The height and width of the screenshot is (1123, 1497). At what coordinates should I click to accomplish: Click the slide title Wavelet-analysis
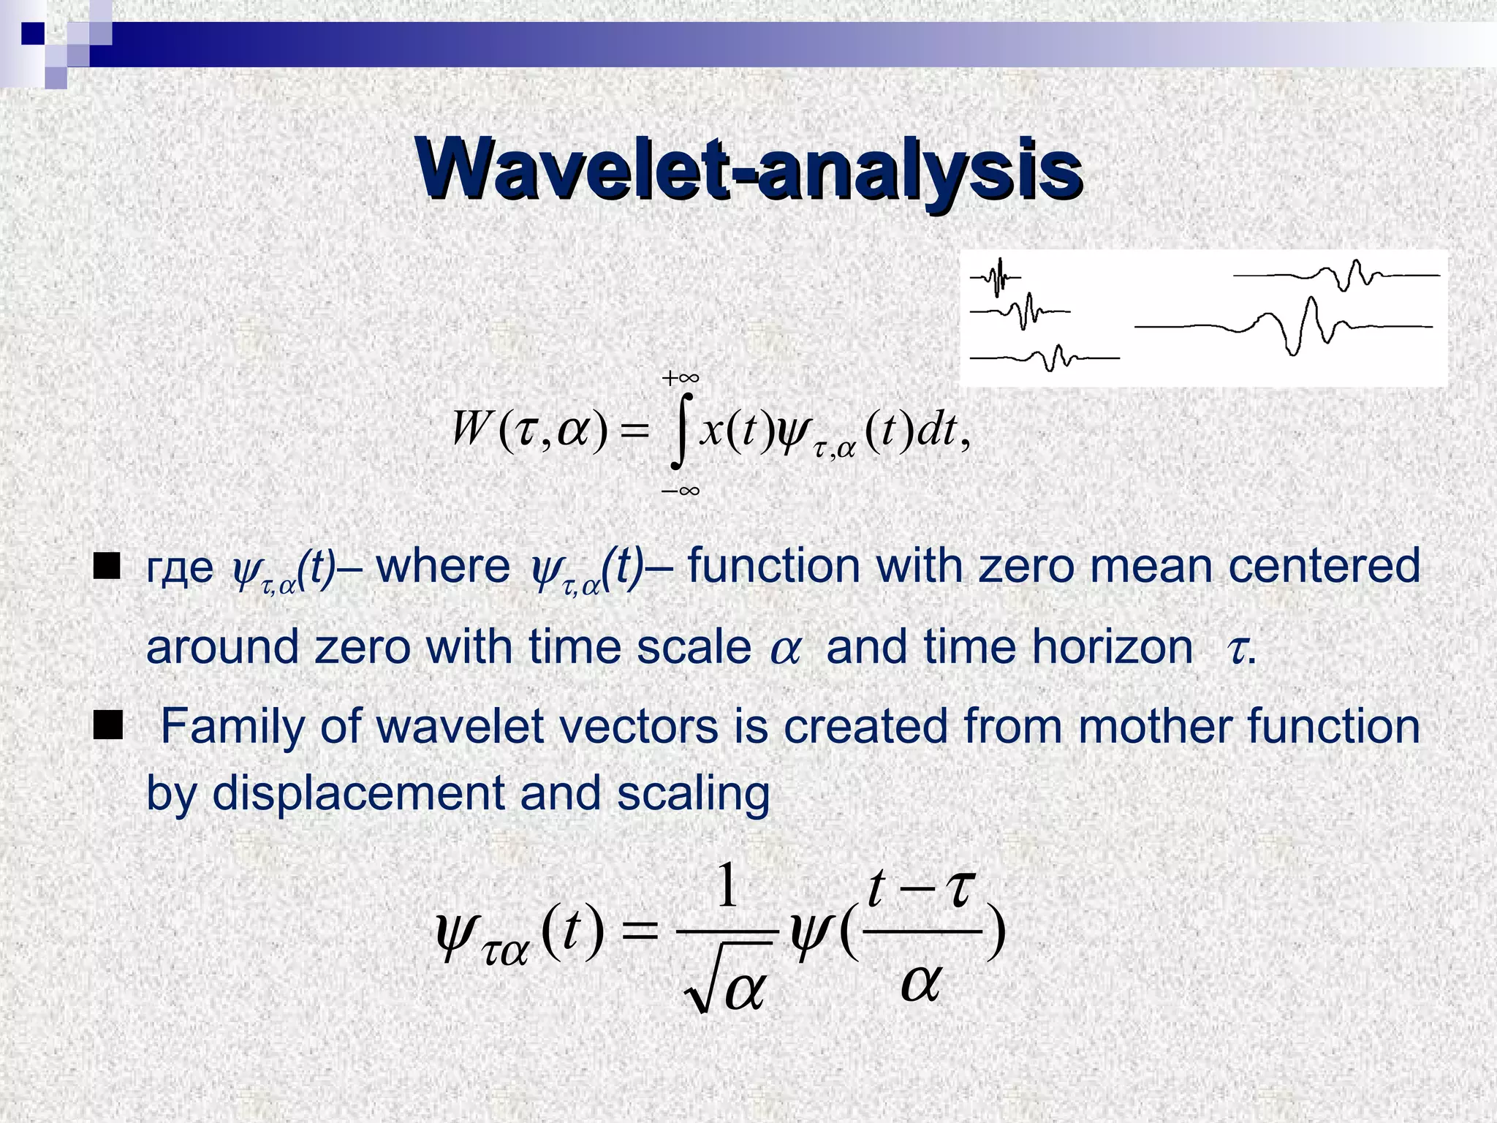click(x=748, y=170)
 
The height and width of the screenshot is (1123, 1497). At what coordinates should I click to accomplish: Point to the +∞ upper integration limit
click(x=680, y=378)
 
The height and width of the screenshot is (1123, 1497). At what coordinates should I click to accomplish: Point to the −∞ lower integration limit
click(x=680, y=491)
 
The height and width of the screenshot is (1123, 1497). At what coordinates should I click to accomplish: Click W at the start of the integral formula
click(x=469, y=429)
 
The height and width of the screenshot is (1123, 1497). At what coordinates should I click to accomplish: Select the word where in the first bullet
click(x=443, y=567)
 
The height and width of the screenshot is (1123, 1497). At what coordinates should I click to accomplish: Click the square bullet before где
click(x=107, y=567)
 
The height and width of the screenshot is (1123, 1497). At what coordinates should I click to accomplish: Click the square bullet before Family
click(x=107, y=727)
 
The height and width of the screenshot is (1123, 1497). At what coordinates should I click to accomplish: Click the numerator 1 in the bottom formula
click(x=726, y=887)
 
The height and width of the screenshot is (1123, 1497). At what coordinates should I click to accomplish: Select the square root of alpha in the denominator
click(x=727, y=983)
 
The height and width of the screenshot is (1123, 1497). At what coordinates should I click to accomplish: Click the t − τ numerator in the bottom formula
click(x=921, y=890)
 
